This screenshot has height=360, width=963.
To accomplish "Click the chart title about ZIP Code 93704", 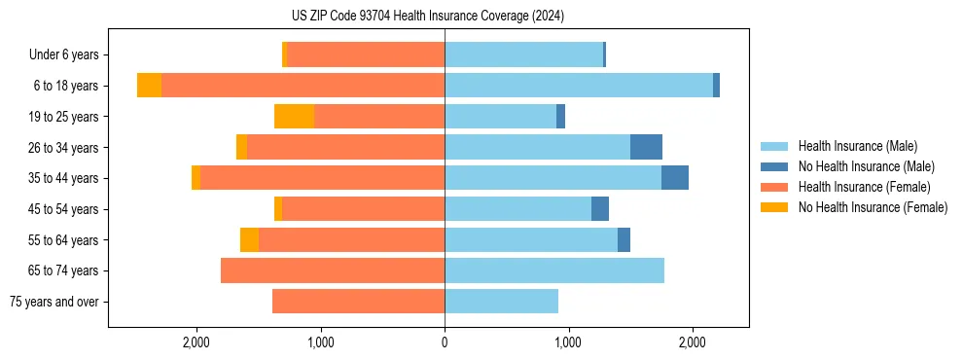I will (427, 17).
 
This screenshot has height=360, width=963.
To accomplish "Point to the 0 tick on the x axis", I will (445, 342).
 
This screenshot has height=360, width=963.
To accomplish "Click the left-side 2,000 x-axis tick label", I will (196, 342).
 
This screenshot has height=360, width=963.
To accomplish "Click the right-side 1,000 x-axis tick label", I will (568, 342).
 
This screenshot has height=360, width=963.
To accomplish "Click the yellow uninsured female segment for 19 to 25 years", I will (294, 117).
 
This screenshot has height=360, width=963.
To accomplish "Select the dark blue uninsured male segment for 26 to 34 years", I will (646, 147).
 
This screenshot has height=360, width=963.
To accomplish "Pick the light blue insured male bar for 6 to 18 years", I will (579, 86).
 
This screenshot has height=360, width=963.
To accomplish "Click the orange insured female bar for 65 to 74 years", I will (333, 270).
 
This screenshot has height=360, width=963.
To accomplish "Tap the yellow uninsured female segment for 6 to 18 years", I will (149, 86).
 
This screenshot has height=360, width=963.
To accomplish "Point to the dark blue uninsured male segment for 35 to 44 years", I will (675, 178).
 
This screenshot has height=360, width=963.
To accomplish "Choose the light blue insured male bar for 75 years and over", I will (501, 302).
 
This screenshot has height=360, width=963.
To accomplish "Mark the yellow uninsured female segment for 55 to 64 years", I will (249, 239).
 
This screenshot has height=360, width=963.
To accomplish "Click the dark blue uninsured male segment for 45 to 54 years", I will (600, 209).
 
